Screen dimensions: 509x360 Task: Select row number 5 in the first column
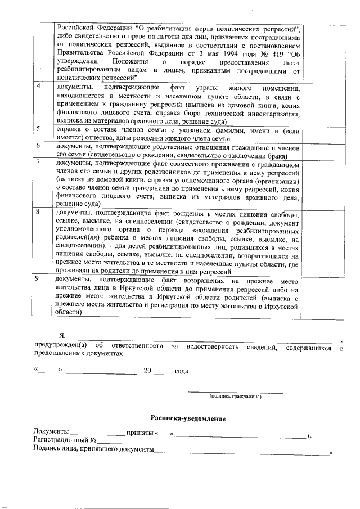[38, 129]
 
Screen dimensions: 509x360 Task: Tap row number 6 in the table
[38, 146]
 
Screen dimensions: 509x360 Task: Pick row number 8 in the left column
[38, 213]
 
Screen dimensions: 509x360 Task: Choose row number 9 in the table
[38, 280]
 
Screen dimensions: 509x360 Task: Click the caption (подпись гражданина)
[235, 396]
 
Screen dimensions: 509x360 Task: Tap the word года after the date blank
[181, 371]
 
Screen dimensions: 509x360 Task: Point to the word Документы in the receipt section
[51, 431]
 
